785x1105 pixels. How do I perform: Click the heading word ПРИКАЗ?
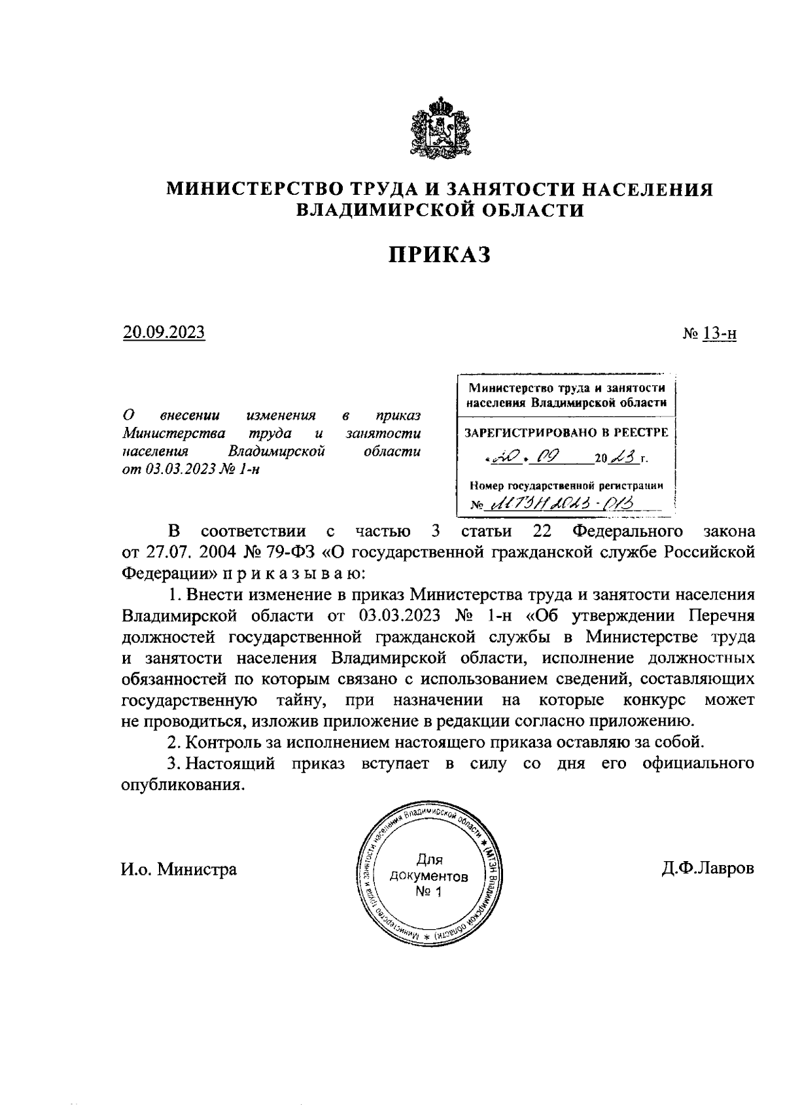pyautogui.click(x=440, y=255)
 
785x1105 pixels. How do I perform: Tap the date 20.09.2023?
pyautogui.click(x=164, y=333)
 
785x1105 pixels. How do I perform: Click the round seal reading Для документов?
pyautogui.click(x=429, y=877)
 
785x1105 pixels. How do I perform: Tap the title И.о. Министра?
pyautogui.click(x=179, y=870)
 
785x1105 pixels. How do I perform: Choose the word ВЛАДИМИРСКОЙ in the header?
pyautogui.click(x=380, y=210)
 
